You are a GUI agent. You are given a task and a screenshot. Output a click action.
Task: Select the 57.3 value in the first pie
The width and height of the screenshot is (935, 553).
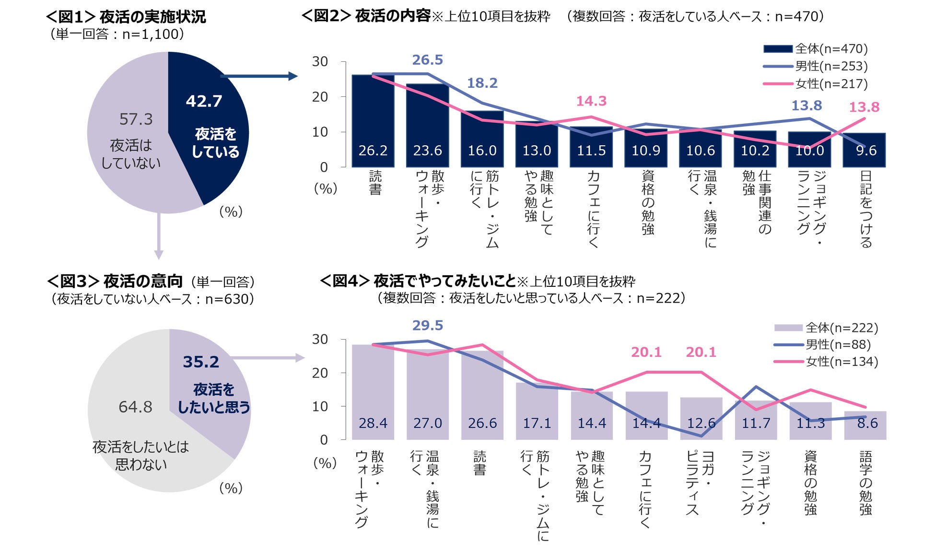[136, 119]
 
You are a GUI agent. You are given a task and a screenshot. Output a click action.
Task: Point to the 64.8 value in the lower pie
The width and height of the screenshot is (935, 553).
[135, 407]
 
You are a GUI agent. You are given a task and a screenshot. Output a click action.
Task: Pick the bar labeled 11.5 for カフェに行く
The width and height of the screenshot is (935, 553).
[591, 147]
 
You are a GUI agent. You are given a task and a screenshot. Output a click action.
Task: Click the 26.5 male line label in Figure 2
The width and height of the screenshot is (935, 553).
[427, 60]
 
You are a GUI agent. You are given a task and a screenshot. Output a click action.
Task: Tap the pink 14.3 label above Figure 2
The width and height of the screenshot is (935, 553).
[591, 101]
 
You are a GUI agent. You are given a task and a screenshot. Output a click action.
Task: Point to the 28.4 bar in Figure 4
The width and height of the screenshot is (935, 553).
[373, 393]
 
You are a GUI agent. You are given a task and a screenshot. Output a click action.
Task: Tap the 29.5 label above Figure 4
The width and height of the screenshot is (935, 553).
[427, 326]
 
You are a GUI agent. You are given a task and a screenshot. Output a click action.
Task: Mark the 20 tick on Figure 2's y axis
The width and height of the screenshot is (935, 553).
[320, 97]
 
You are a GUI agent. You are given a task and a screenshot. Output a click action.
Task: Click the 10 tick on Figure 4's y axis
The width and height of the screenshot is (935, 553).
[320, 406]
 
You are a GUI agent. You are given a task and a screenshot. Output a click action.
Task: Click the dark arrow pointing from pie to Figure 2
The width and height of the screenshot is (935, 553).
[259, 76]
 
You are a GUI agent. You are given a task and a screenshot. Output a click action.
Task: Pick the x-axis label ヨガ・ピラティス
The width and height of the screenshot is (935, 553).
[700, 482]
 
